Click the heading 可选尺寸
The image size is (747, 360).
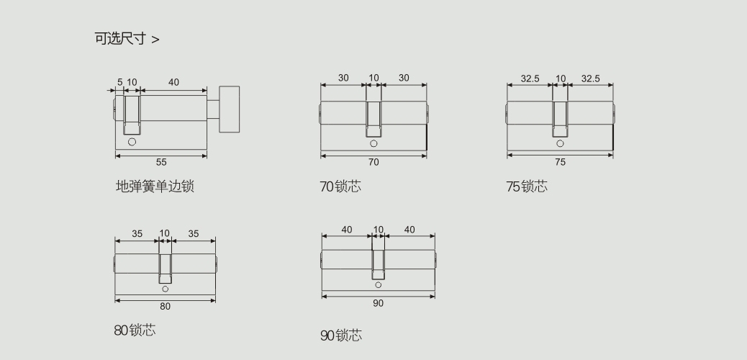click(120, 39)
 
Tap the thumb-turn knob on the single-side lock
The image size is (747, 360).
click(229, 109)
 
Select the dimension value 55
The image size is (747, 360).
click(161, 162)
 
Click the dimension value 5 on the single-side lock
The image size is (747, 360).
click(119, 82)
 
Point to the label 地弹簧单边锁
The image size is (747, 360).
click(155, 186)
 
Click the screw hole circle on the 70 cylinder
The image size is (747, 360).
click(373, 143)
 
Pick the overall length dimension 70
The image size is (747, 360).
click(373, 162)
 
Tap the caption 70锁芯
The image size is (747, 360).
click(340, 186)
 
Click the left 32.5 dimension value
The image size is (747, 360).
click(530, 78)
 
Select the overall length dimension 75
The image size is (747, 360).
click(560, 162)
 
